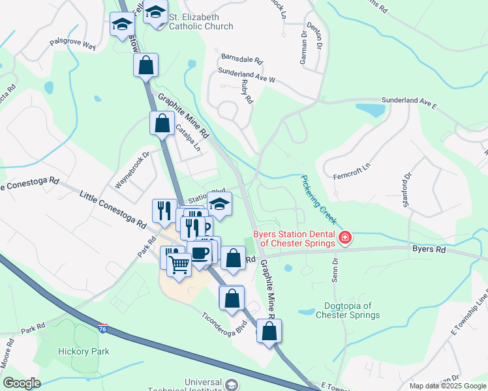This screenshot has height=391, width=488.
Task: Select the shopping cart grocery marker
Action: point(179,264)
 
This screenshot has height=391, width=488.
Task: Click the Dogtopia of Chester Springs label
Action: point(348,310)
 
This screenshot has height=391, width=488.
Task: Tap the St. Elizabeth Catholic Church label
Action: point(201,22)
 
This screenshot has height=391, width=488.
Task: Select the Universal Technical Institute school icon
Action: point(232,384)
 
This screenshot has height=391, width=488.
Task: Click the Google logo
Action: point(22,383)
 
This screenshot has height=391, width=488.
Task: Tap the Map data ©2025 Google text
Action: point(447,386)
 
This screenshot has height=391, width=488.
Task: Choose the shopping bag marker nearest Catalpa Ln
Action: point(162,123)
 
